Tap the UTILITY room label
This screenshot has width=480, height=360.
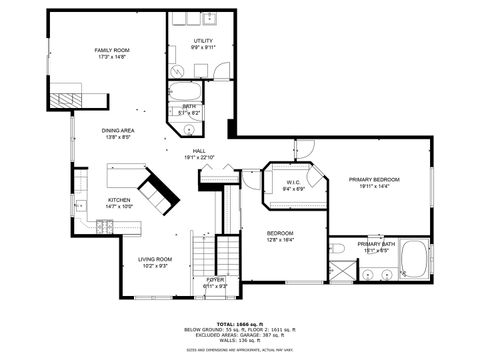click(203, 40)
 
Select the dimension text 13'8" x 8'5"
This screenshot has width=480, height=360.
click(120, 137)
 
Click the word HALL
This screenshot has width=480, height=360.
click(200, 151)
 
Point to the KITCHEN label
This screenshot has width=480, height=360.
click(119, 200)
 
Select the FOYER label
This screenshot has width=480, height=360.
click(215, 280)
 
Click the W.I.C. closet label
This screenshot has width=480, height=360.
click(293, 182)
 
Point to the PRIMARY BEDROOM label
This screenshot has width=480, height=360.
click(374, 180)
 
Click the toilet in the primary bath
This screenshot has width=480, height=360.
click(338, 247)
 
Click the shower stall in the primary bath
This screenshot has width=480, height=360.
click(342, 270)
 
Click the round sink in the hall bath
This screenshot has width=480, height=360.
click(188, 129)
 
